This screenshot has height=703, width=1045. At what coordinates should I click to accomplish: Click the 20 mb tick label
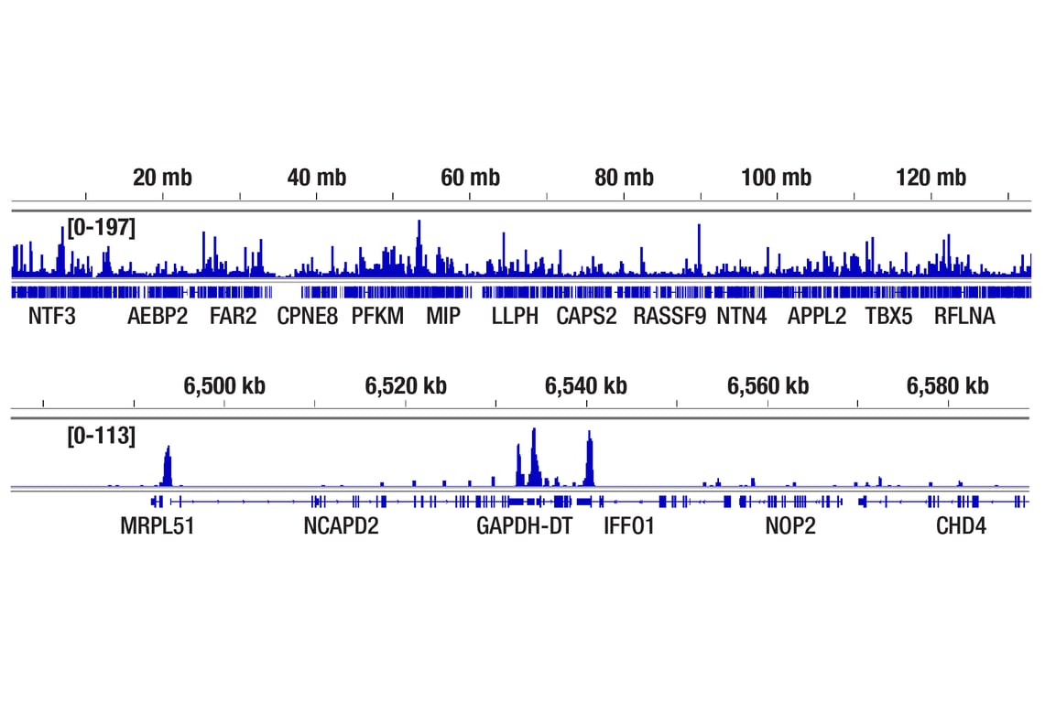pyautogui.click(x=162, y=178)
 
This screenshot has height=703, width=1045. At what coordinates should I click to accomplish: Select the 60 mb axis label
pyautogui.click(x=470, y=178)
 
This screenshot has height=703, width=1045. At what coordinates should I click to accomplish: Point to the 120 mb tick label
pyautogui.click(x=931, y=178)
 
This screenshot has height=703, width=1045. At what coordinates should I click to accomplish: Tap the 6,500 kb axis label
pyautogui.click(x=224, y=386)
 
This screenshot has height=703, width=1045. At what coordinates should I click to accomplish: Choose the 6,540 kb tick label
pyautogui.click(x=586, y=386)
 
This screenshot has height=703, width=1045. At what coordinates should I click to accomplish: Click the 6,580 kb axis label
pyautogui.click(x=948, y=386)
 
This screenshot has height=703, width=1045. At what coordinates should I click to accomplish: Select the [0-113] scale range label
pyautogui.click(x=101, y=436)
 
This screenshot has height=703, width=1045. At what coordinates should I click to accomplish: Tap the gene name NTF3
pyautogui.click(x=52, y=318)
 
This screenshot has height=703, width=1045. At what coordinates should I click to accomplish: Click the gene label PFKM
pyautogui.click(x=377, y=318)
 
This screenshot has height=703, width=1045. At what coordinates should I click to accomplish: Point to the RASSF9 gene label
pyautogui.click(x=669, y=318)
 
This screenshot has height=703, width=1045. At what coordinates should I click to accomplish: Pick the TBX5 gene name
pyautogui.click(x=888, y=318)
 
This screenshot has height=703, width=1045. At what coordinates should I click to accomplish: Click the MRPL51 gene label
pyautogui.click(x=158, y=526)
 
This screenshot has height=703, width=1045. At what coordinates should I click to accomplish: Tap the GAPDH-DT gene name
pyautogui.click(x=524, y=526)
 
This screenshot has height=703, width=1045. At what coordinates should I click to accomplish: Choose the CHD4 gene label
pyautogui.click(x=961, y=526)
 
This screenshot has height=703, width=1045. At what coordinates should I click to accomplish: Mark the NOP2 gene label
pyautogui.click(x=790, y=526)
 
